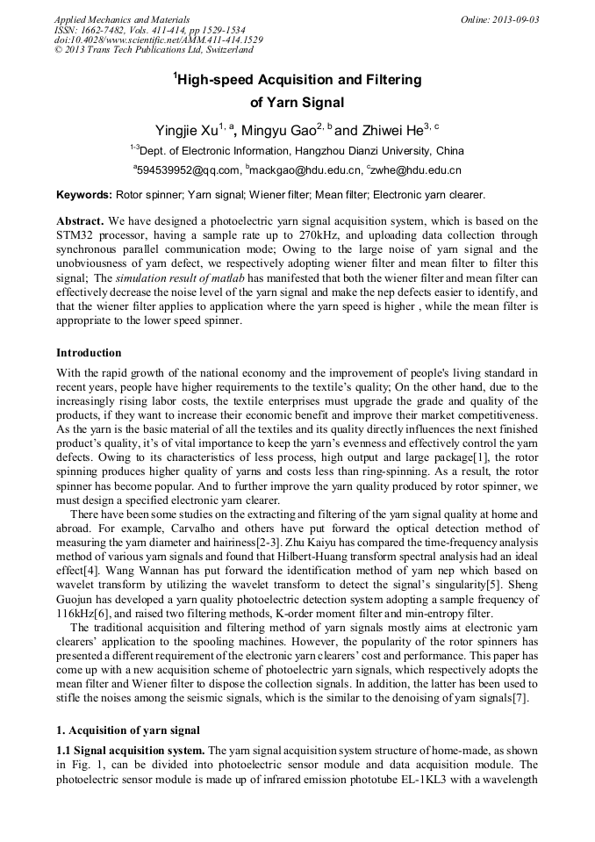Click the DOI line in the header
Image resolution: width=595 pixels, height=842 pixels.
(x=158, y=40)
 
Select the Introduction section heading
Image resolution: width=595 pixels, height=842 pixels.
(x=89, y=353)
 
